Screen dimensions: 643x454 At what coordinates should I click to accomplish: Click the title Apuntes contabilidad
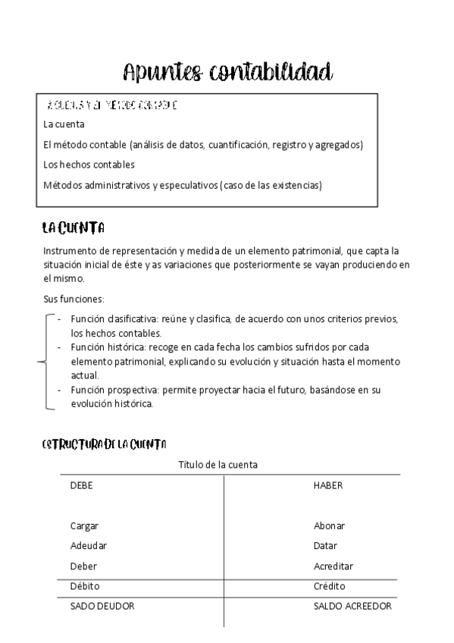tap(227, 73)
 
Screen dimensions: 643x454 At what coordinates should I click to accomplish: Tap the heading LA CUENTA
tap(74, 228)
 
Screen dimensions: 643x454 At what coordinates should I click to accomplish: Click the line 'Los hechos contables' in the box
tap(89, 164)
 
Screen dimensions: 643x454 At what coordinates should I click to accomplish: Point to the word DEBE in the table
tap(81, 485)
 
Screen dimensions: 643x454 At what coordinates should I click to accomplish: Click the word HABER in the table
tap(328, 485)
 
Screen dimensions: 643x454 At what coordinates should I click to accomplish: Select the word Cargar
tap(84, 525)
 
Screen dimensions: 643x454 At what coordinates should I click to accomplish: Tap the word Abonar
tap(330, 525)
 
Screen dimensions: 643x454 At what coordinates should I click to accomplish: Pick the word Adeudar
tap(88, 545)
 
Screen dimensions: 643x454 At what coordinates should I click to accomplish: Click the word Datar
tap(325, 545)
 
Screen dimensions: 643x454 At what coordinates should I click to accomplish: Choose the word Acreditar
tap(333, 566)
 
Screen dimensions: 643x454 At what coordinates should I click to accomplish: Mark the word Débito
tap(85, 586)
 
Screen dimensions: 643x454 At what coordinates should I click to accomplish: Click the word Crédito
tap(330, 586)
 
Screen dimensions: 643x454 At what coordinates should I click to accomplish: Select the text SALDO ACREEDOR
tap(352, 607)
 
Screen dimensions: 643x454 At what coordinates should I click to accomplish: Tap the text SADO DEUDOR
tap(102, 607)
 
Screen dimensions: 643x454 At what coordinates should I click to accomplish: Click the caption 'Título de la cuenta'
tap(218, 465)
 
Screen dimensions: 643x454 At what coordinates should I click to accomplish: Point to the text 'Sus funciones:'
tap(74, 299)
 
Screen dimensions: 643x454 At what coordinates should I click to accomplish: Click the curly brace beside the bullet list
tap(44, 362)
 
